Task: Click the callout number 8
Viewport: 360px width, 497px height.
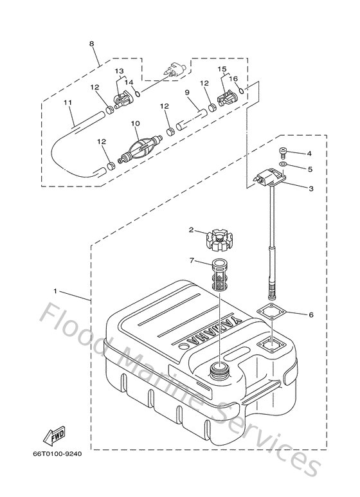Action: pyautogui.click(x=92, y=44)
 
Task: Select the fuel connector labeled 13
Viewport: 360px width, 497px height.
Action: pyautogui.click(x=122, y=99)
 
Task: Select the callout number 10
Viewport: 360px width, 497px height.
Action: pyautogui.click(x=134, y=123)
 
